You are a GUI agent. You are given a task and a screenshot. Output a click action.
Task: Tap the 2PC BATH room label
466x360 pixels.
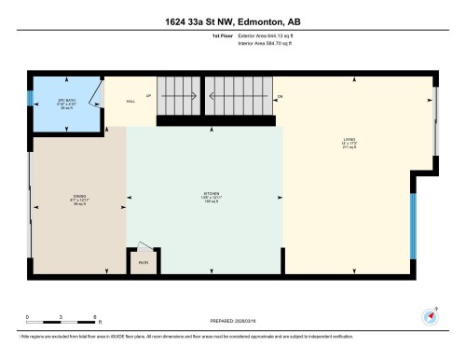point(66,103)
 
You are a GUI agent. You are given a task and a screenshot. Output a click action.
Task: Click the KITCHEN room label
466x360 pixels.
point(203,199)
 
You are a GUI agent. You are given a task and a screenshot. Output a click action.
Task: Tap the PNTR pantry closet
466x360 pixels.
point(143,262)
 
